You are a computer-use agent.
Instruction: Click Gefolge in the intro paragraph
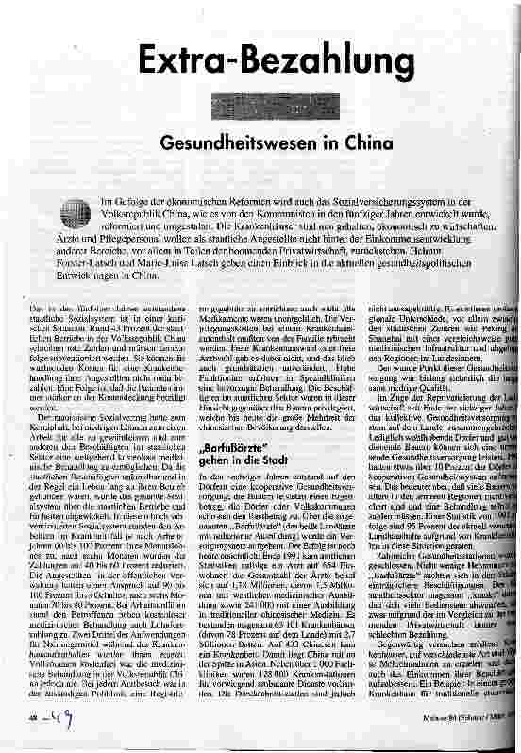pos(135,202)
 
